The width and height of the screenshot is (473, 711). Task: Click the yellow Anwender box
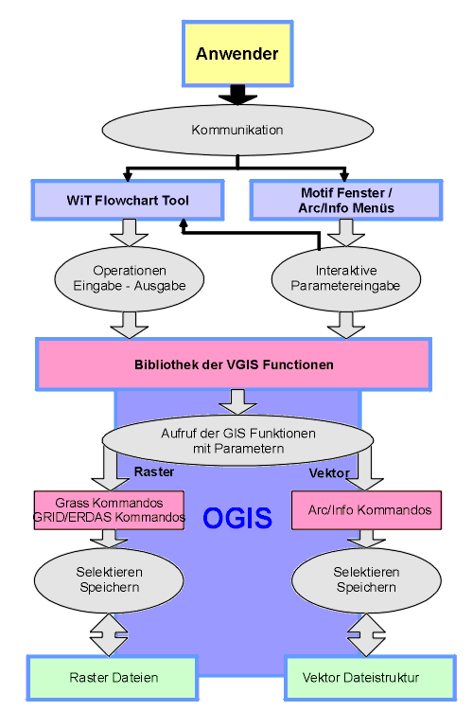(x=237, y=53)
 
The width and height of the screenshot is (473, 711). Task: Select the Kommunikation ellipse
(x=237, y=130)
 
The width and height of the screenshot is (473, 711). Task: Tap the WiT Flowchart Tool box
(x=128, y=200)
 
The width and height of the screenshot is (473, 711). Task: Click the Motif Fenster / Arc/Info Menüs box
(x=346, y=200)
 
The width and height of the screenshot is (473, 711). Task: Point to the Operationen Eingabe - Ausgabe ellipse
(x=129, y=278)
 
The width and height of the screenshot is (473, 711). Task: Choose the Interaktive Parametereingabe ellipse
(x=346, y=278)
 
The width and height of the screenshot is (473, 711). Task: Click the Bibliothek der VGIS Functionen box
(x=234, y=364)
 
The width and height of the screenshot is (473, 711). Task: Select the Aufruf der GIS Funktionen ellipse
(x=237, y=440)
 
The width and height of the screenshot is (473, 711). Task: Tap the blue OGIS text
(x=237, y=518)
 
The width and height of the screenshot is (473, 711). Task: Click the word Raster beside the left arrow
(x=154, y=471)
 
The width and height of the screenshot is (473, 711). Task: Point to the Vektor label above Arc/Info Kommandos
(x=329, y=473)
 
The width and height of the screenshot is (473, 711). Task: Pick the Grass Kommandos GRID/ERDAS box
(x=109, y=510)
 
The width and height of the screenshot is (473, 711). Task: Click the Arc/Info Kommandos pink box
(x=366, y=510)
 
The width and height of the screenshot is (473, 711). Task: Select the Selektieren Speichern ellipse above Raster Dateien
(x=109, y=580)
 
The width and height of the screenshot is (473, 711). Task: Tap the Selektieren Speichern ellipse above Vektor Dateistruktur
(x=366, y=580)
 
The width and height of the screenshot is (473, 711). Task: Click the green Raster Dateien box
(x=113, y=678)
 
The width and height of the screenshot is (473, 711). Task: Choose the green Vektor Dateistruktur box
(x=370, y=678)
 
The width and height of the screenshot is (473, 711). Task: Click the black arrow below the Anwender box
(x=237, y=95)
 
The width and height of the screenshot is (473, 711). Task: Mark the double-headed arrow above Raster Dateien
(x=109, y=635)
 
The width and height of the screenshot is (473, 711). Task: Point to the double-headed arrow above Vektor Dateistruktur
(x=366, y=635)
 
